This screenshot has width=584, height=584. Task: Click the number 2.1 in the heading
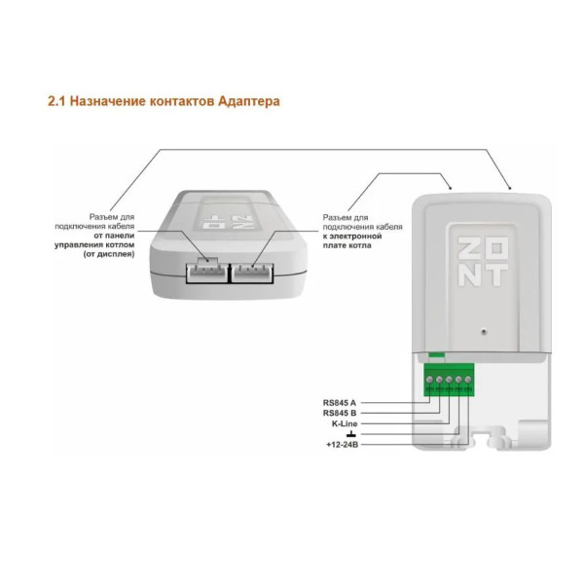pos(57,100)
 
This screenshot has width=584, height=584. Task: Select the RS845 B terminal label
pos(340,413)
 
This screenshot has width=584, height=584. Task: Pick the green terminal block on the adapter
pos(450,379)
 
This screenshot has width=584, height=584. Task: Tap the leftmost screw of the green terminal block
pos(430,380)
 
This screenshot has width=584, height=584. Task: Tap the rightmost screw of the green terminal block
pos(469,380)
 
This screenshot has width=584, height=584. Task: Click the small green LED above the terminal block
pos(436,357)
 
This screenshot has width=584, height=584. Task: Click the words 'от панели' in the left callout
pos(114,236)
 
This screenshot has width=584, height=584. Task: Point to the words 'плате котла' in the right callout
pos(347,245)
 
